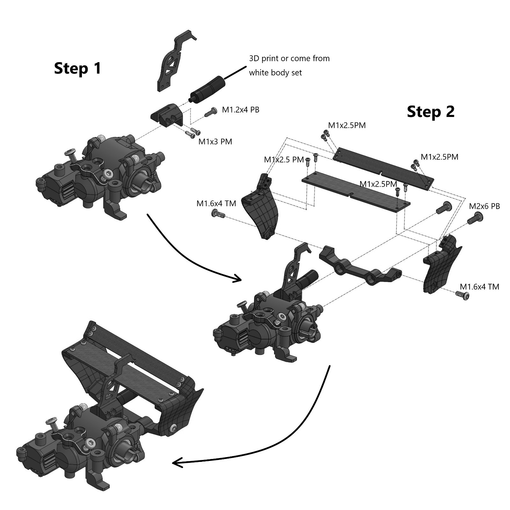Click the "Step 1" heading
[77, 69]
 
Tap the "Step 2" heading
[430, 112]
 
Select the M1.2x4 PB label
[240, 110]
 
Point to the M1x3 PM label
[215, 142]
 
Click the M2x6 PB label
[484, 206]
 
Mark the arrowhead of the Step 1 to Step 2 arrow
[237, 279]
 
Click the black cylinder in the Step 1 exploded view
[208, 89]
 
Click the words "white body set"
[275, 73]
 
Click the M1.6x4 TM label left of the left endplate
[216, 203]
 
